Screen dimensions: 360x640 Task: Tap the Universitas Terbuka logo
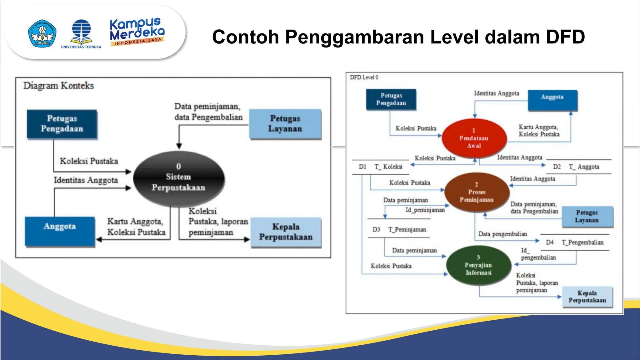point(81,34)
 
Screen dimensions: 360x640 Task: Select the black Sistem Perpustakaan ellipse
point(179,178)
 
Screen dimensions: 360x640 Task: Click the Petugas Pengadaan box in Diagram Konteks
point(62,124)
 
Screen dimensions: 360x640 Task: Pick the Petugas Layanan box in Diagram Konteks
point(285,124)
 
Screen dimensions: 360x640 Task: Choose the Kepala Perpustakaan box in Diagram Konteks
point(286,232)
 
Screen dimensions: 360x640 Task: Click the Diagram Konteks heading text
point(58,86)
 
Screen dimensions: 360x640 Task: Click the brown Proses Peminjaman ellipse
point(477,192)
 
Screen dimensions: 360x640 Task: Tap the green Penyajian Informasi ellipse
point(478,265)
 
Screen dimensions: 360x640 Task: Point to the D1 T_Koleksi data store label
point(381,167)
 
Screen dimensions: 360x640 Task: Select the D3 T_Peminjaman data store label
point(399,230)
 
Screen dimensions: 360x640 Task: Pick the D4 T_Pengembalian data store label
point(574,242)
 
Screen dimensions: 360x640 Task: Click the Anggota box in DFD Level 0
point(552,100)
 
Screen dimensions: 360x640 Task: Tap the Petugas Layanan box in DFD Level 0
point(587,216)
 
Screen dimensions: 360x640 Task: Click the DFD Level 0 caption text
point(364,77)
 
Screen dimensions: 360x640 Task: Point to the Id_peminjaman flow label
point(425,210)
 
